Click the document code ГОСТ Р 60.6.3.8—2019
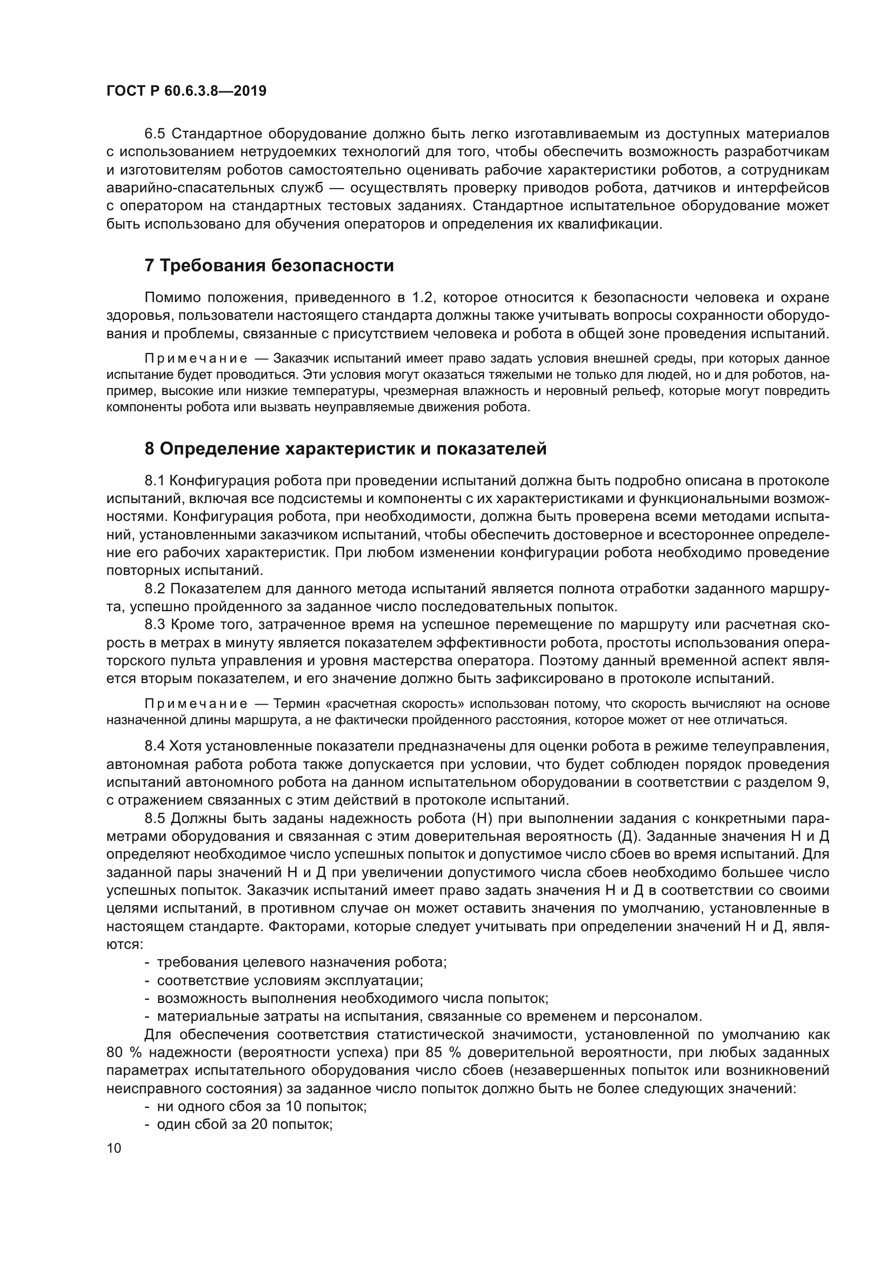click(186, 91)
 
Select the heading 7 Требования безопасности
click(269, 266)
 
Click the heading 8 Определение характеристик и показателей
click(346, 449)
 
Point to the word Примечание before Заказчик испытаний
click(196, 359)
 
